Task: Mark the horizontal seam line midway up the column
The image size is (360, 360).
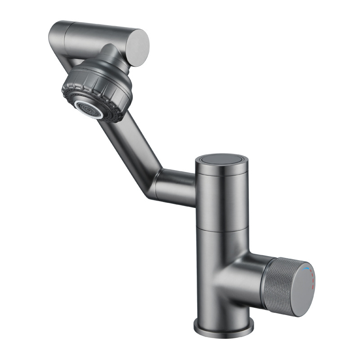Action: pyautogui.click(x=220, y=229)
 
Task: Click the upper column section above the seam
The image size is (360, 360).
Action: pyautogui.click(x=220, y=198)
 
